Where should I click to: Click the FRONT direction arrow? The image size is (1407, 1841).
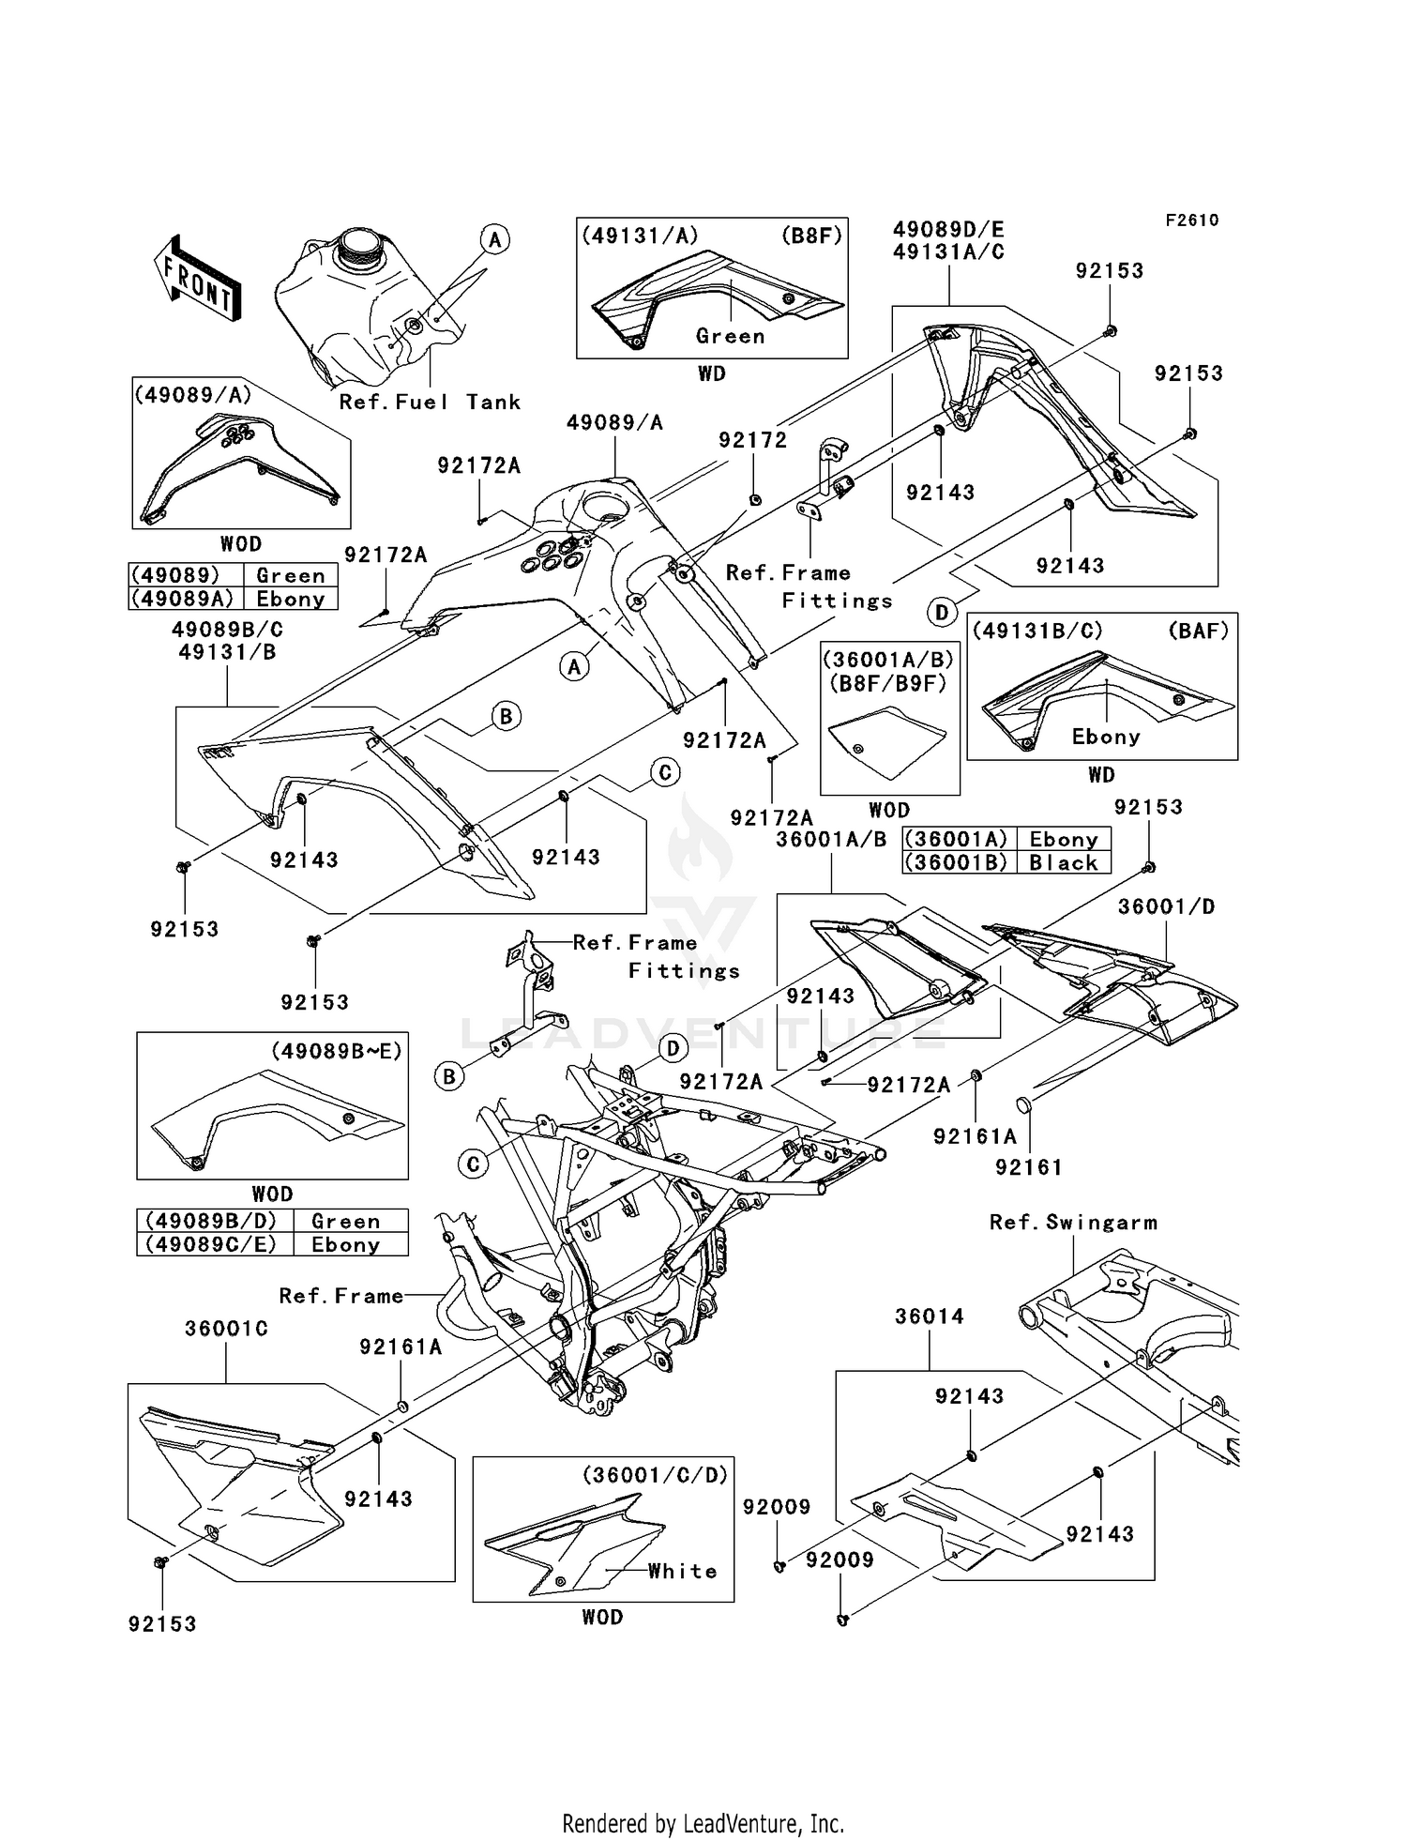(198, 279)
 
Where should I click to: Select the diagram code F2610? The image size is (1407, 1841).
(1191, 221)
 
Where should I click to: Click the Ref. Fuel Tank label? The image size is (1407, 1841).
(430, 403)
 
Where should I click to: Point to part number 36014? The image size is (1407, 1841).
(929, 1316)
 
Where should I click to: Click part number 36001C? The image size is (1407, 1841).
(226, 1329)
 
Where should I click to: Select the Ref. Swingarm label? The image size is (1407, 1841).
(1073, 1223)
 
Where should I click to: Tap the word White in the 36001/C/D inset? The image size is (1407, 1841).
(682, 1571)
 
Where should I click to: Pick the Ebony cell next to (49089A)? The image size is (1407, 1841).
(290, 599)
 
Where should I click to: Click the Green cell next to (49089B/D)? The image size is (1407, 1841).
(345, 1221)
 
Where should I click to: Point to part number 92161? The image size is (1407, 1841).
(1029, 1167)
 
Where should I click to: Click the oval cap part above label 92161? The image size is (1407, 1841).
(1024, 1103)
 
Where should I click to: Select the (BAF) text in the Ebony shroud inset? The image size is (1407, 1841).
(1198, 631)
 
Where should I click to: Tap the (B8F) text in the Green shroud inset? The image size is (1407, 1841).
(811, 236)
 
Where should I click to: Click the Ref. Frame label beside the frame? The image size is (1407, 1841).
(341, 1296)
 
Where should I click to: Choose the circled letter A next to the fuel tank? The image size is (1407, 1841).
(495, 239)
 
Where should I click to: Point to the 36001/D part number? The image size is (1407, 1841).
(1166, 906)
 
